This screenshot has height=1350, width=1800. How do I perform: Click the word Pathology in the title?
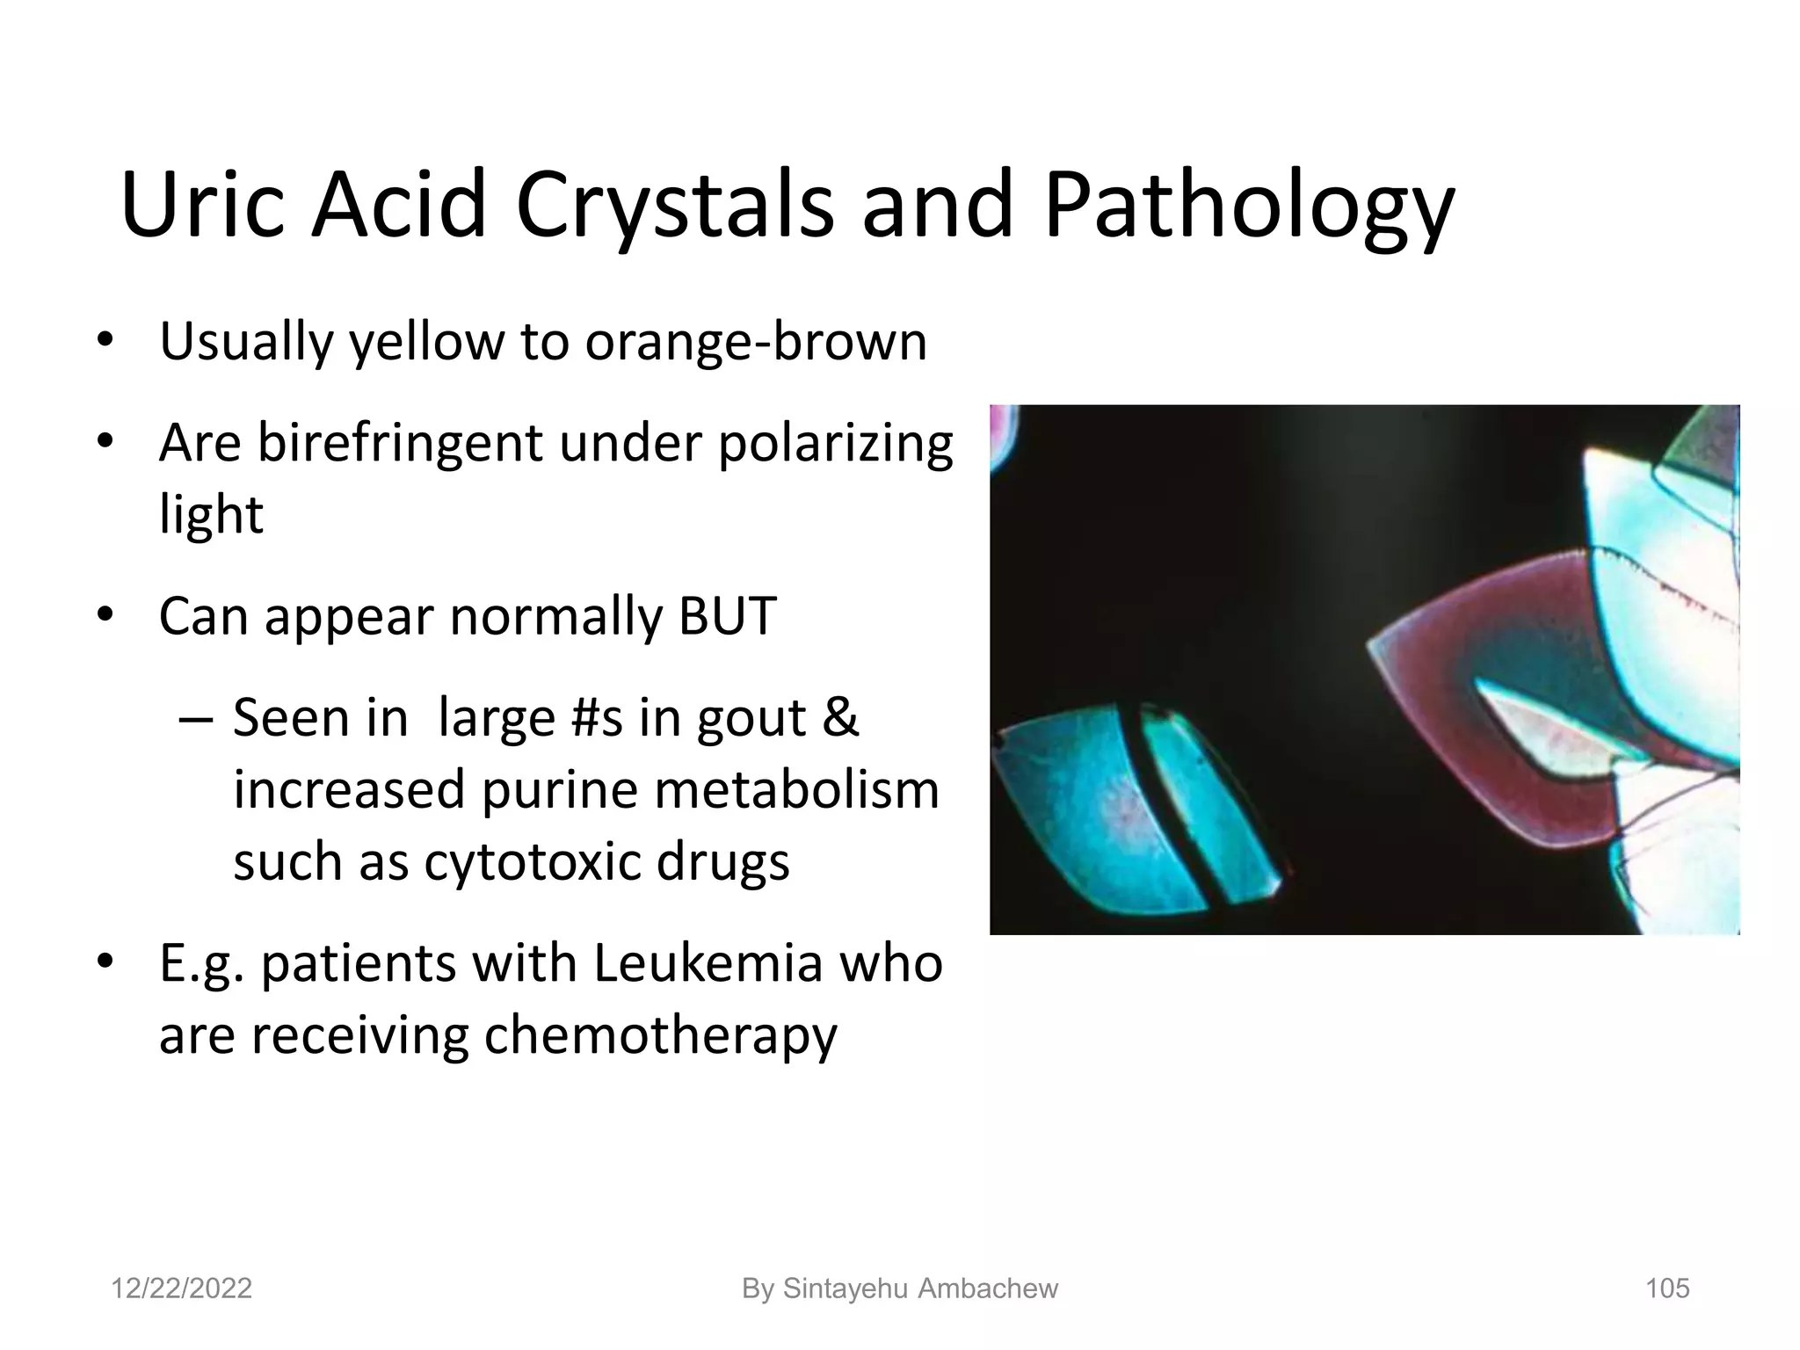click(1248, 207)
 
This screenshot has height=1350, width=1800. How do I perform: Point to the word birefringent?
click(400, 443)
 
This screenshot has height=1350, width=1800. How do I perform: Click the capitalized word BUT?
click(728, 616)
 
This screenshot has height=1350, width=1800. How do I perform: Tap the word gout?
click(751, 718)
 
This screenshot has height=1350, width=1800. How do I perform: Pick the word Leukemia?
click(708, 963)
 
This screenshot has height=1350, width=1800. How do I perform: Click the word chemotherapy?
click(660, 1035)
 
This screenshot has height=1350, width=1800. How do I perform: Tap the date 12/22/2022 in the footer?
click(181, 1288)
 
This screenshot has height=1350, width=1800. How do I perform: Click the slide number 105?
click(1667, 1288)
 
